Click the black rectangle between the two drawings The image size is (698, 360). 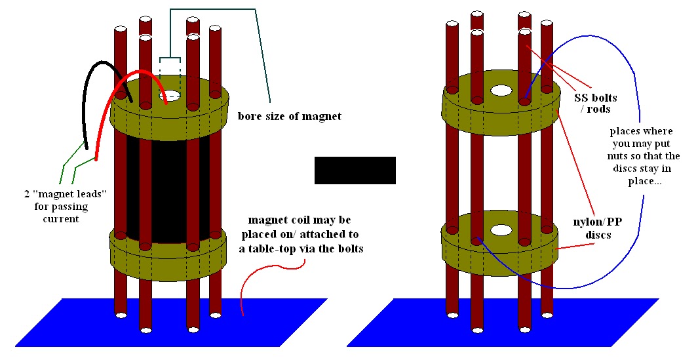tap(355, 170)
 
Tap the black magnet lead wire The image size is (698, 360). tap(87, 105)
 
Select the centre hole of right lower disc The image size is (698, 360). tap(501, 230)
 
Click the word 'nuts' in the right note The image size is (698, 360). tap(620, 156)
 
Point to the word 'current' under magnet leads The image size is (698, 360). tap(61, 218)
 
